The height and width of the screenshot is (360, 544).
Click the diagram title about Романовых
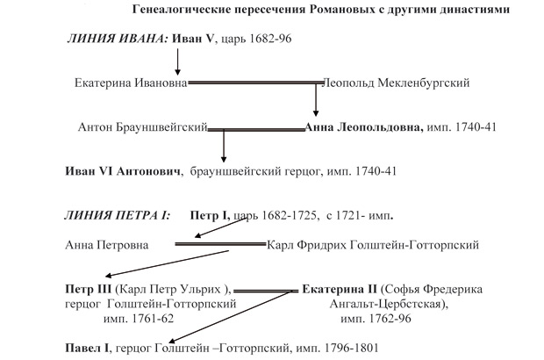tap(321, 10)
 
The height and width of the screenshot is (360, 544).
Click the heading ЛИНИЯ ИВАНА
tap(118, 38)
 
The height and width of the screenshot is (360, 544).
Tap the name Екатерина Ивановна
tap(131, 83)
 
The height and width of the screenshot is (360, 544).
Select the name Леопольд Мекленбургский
tap(396, 83)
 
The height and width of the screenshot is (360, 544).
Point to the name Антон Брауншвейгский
tap(143, 127)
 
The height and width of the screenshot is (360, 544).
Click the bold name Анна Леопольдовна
tap(363, 127)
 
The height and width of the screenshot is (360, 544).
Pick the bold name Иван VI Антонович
tap(123, 171)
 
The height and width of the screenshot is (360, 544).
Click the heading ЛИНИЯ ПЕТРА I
tap(118, 216)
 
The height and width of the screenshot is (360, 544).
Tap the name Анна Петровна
tap(107, 245)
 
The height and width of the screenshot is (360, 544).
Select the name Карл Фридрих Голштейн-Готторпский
tap(373, 245)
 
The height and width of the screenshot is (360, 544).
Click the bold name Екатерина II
tap(340, 289)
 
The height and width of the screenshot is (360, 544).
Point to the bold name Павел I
tap(87, 348)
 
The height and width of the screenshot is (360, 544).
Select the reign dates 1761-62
tap(153, 319)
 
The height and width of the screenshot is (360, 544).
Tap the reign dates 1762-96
tap(390, 319)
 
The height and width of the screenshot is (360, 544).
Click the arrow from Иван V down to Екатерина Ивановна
tap(177, 61)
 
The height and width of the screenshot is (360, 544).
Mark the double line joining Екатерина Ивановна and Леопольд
tap(255, 83)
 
